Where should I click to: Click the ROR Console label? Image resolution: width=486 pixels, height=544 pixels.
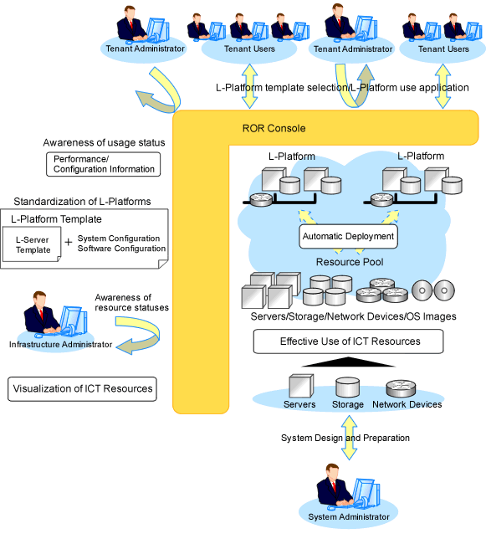click(274, 128)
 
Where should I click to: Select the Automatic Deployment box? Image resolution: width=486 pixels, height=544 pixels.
click(348, 237)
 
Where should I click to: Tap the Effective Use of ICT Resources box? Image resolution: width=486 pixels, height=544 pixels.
click(348, 341)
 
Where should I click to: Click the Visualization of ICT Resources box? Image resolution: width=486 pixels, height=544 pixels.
click(82, 389)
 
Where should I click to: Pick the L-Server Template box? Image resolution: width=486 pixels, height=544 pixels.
click(32, 244)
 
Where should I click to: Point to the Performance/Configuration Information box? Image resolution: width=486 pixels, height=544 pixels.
click(103, 164)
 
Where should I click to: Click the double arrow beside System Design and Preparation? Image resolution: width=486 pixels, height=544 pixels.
click(349, 437)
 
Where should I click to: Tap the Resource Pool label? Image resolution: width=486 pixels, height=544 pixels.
click(350, 262)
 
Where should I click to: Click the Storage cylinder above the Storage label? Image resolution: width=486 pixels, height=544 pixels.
click(347, 387)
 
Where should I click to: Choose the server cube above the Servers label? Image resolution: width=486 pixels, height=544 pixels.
click(301, 386)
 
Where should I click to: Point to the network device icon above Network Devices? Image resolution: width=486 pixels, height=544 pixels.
click(401, 388)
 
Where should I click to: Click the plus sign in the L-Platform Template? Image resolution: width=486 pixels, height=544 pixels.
click(69, 242)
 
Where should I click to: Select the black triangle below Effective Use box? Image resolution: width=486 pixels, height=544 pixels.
click(348, 362)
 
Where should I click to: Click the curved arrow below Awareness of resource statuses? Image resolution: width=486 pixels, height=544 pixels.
click(139, 335)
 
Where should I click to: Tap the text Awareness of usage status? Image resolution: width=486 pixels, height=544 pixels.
click(104, 142)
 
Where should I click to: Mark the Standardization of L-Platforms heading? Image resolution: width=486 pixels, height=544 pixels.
click(82, 202)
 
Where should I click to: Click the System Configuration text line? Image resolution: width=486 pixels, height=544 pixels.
click(119, 239)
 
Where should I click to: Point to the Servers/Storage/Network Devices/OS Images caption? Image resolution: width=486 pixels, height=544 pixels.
click(353, 316)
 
